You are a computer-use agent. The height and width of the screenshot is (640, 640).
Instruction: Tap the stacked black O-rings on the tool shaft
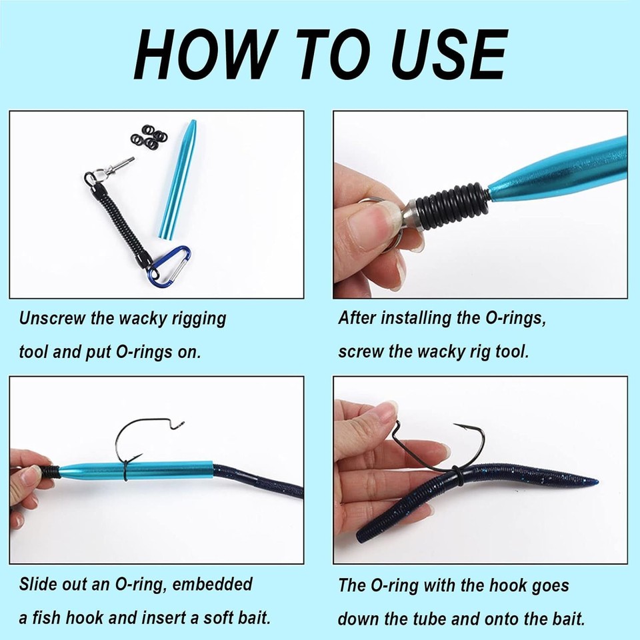pos(453,201)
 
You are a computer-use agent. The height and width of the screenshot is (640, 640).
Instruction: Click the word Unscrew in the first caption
pos(53,317)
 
